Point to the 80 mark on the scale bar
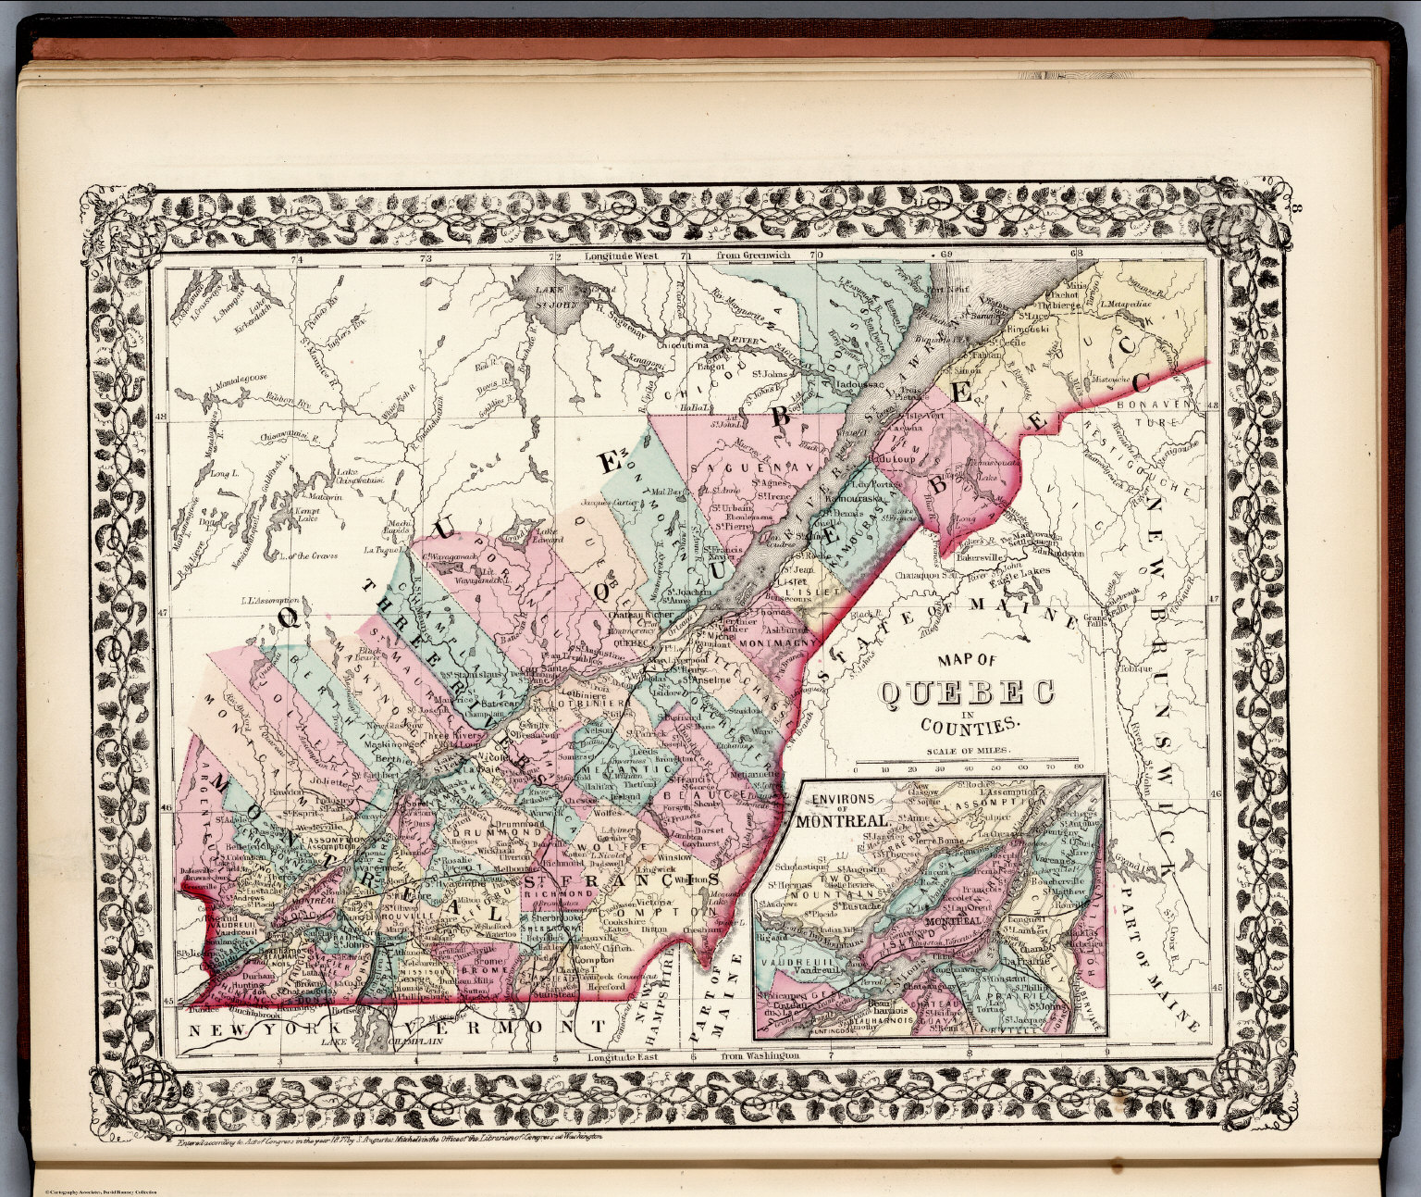1078,768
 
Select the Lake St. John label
550,295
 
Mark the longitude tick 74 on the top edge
296,259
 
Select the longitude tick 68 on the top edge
1076,254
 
